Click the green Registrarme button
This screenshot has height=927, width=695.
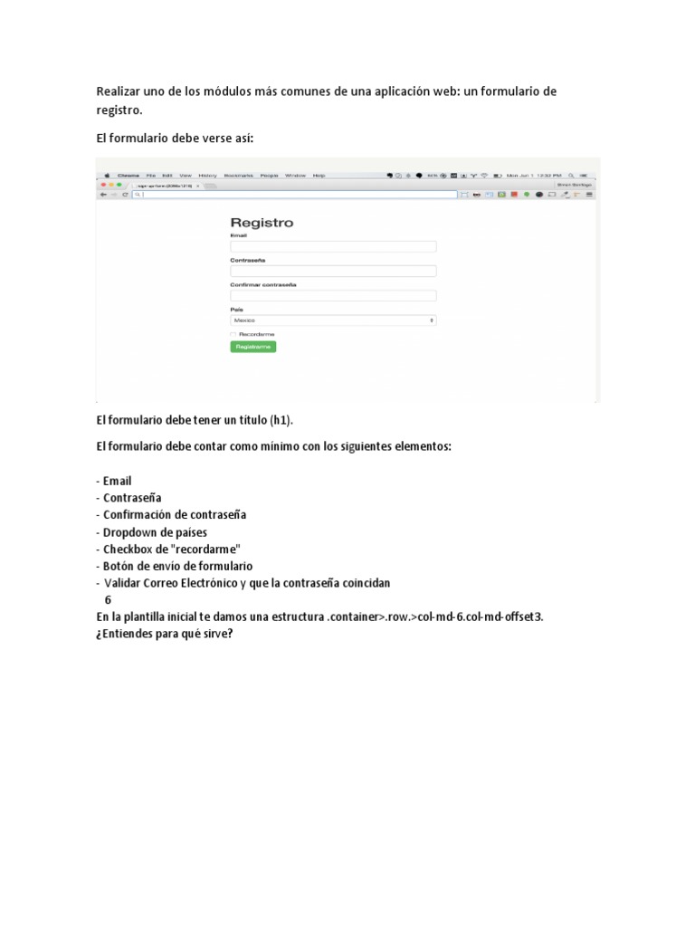252,347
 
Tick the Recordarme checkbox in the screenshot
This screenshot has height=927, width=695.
233,334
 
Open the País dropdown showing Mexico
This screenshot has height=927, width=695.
333,320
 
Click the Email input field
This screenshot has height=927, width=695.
333,246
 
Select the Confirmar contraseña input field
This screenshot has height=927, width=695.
333,295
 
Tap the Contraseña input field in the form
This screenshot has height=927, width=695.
333,271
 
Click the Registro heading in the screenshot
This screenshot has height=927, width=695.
262,223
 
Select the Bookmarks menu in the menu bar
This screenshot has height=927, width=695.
238,175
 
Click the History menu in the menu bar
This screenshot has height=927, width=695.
207,175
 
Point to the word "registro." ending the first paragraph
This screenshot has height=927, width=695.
119,110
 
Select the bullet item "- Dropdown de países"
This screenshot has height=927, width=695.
151,532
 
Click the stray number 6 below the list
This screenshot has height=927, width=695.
108,599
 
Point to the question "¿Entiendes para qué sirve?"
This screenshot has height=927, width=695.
165,633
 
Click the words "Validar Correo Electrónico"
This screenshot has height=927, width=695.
170,583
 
